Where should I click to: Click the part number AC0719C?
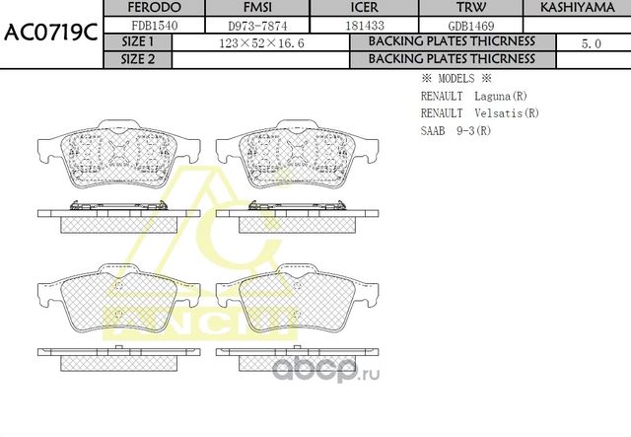50,33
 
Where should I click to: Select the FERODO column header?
154,7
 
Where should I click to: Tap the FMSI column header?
257,7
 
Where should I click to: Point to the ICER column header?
364,7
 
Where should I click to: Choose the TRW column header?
471,7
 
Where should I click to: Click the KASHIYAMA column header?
578,7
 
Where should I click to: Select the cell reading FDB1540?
155,26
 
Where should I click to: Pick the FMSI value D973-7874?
257,27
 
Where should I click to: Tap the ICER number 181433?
365,26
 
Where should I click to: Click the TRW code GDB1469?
471,27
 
